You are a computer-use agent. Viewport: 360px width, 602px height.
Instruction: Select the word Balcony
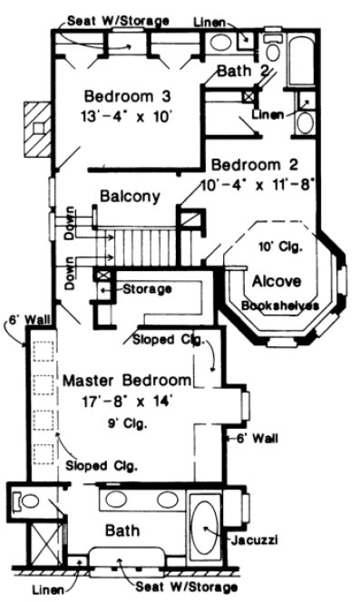click(130, 196)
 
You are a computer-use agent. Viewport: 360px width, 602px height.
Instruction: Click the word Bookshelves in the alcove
click(279, 306)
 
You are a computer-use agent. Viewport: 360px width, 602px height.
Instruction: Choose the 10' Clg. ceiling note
click(281, 246)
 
